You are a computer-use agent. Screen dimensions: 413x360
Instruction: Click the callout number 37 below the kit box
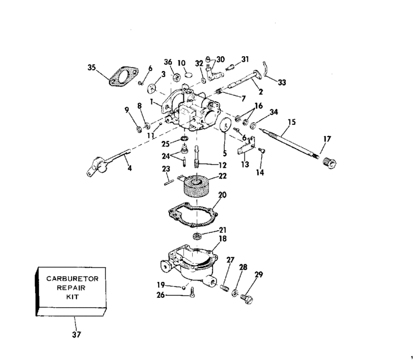[77, 335]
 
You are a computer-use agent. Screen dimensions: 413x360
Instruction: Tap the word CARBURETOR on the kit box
[73, 279]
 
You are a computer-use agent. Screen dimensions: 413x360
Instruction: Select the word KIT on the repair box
[73, 297]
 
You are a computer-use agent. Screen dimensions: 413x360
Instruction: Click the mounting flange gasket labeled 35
[123, 77]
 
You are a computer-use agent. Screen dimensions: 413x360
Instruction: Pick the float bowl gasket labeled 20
[193, 214]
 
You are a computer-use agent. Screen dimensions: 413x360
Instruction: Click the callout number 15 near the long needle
[291, 122]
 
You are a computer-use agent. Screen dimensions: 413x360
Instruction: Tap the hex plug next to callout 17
[329, 162]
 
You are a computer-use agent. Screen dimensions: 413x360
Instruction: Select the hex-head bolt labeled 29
[247, 299]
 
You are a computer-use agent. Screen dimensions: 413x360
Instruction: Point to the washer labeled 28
[235, 292]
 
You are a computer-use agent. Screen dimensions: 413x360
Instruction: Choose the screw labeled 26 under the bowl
[192, 292]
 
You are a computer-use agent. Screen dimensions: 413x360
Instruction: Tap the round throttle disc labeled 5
[225, 124]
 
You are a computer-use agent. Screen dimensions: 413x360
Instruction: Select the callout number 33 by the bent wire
[282, 83]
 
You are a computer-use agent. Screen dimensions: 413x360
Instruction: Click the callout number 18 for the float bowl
[222, 238]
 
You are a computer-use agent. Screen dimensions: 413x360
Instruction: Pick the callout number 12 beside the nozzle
[222, 165]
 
